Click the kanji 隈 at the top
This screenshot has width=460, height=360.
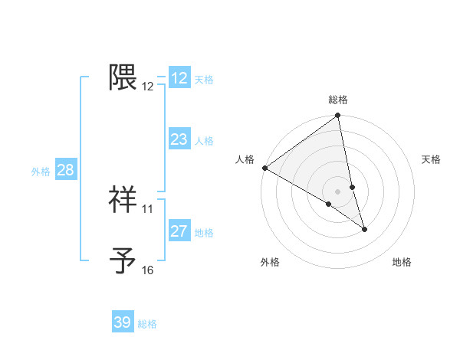click(123, 77)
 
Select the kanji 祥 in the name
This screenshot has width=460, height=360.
click(123, 199)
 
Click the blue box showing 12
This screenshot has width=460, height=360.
click(179, 78)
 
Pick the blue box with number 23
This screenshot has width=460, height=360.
click(179, 139)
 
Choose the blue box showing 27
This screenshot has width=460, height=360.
click(179, 231)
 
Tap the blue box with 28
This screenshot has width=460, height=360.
click(65, 170)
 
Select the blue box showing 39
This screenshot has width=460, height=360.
click(123, 322)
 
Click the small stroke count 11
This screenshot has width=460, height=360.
click(148, 208)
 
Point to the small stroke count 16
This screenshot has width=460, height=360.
click(148, 270)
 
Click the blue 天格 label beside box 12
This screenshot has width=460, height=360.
click(204, 80)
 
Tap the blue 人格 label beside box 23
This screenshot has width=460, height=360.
click(204, 141)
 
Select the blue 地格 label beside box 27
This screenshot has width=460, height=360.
click(204, 233)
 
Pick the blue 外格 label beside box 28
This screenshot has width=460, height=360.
click(41, 172)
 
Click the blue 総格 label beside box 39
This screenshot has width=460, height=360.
click(147, 324)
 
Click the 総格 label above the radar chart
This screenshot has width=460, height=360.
click(338, 100)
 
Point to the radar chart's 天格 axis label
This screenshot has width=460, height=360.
click(432, 159)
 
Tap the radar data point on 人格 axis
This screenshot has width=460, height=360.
click(264, 168)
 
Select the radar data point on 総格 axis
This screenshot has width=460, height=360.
click(338, 116)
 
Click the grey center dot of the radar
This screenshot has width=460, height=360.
click(338, 191)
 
